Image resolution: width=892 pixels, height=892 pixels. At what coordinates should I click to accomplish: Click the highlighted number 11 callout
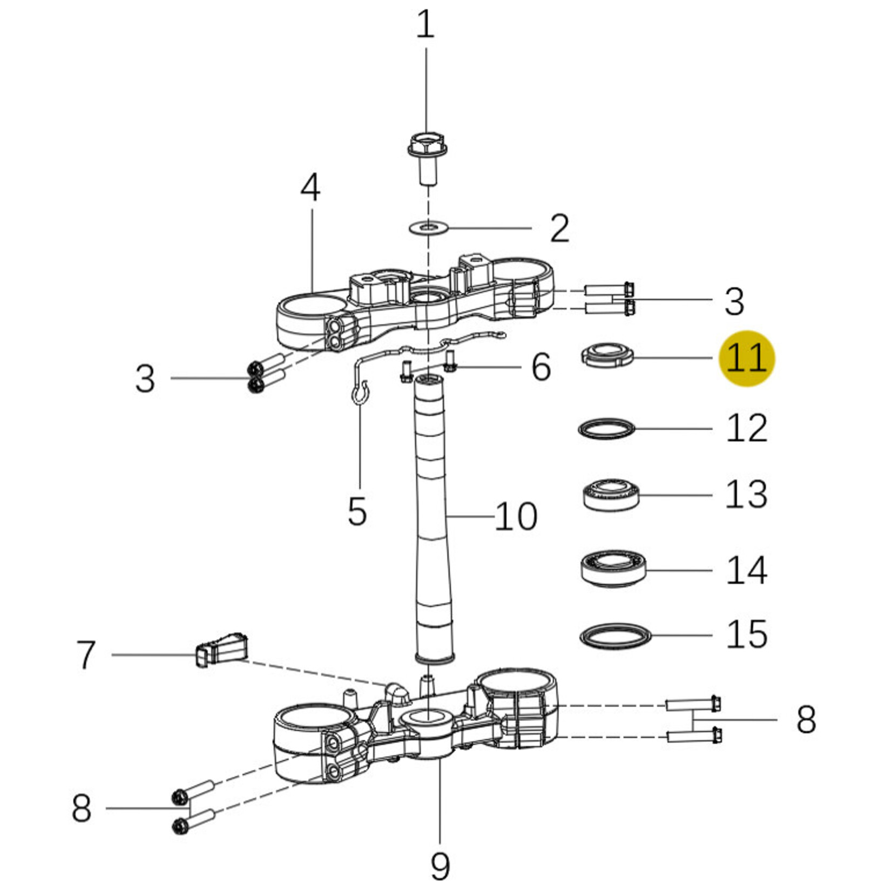click(x=747, y=358)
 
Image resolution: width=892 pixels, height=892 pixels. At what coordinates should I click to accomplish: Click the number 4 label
click(x=310, y=188)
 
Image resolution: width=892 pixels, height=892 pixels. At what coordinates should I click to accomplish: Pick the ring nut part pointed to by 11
click(x=606, y=355)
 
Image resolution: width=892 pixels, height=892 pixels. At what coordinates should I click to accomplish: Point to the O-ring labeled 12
click(x=606, y=429)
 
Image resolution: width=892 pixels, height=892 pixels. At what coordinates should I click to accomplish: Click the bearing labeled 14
click(x=613, y=570)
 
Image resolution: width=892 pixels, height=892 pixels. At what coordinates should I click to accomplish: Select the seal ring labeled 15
click(x=615, y=636)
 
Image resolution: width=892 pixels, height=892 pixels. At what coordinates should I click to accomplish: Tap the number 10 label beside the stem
click(x=516, y=516)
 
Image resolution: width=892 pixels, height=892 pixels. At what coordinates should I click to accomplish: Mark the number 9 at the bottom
click(x=440, y=865)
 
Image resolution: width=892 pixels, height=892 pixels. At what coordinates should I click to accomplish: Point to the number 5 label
click(x=357, y=511)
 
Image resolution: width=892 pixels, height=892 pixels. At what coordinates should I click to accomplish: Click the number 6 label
click(x=541, y=367)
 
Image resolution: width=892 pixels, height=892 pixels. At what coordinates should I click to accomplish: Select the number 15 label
click(x=747, y=634)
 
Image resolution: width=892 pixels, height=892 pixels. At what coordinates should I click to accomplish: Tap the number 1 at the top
click(x=425, y=25)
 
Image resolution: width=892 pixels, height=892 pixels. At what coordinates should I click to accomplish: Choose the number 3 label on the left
click(x=145, y=379)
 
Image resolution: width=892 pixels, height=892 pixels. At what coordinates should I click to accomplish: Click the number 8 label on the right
click(x=806, y=720)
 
